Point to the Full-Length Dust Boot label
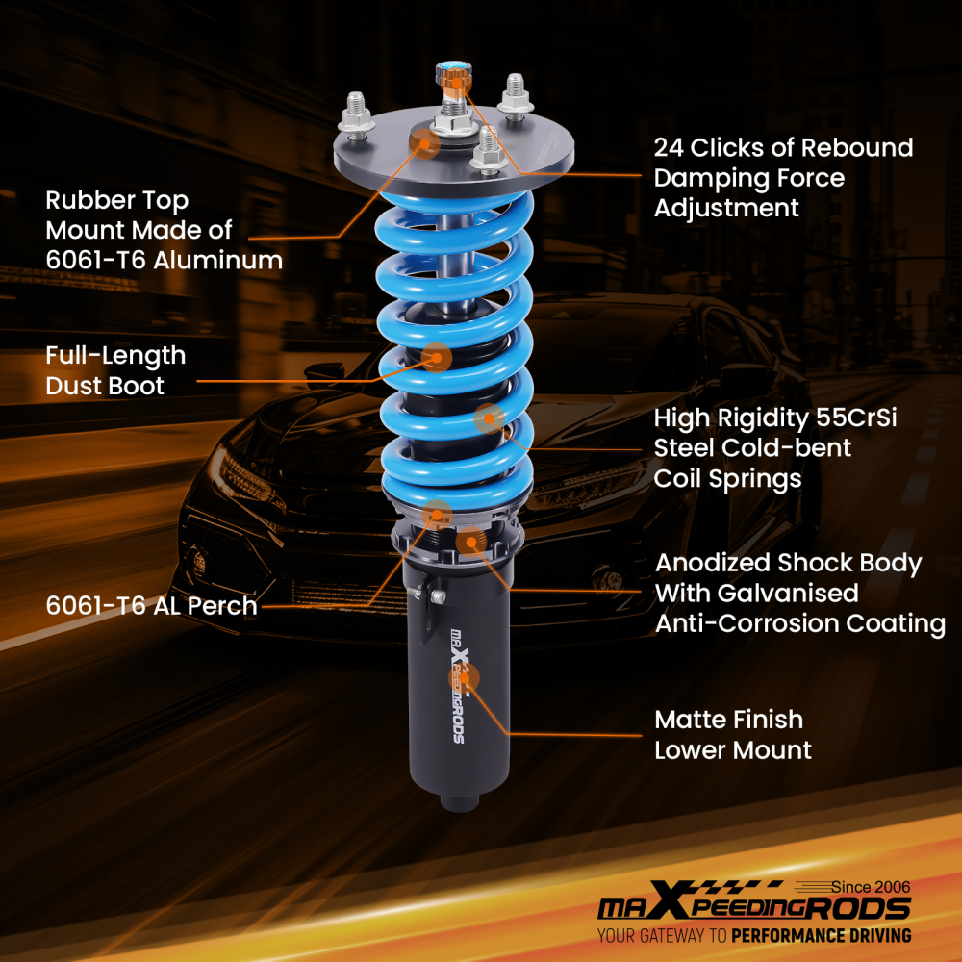115,370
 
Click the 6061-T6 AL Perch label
152,606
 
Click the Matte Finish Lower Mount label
733,734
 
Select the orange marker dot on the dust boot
437,357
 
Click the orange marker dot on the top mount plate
423,144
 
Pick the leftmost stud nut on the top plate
358,115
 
